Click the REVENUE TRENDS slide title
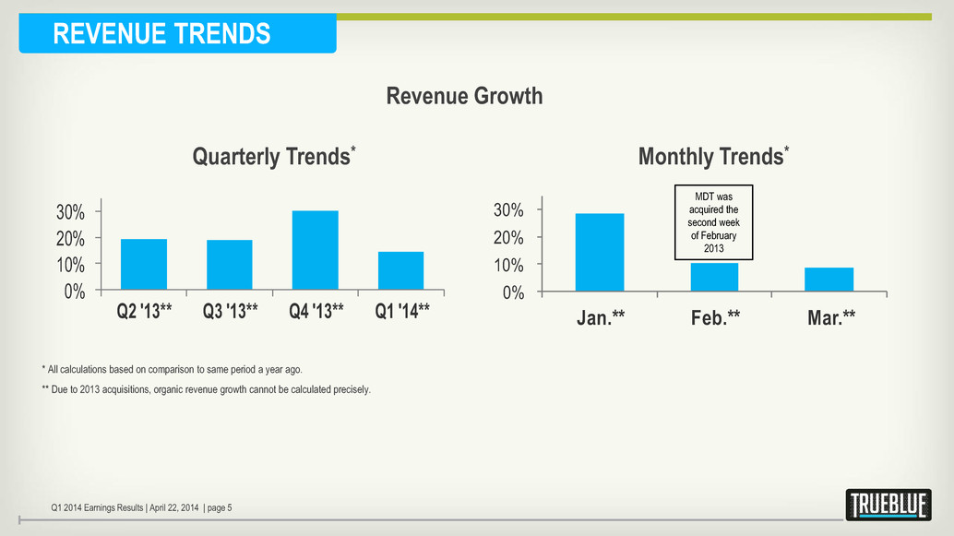162,34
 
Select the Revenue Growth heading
464,96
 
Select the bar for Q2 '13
144,265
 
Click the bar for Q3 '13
230,266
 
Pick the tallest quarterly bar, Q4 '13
316,251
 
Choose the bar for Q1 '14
401,271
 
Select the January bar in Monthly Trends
600,253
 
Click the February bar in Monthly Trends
714,278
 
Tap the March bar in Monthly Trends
829,280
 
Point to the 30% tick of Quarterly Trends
71,212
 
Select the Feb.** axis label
715,318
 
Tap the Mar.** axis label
829,318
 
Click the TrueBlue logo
888,505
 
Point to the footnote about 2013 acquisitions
206,389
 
